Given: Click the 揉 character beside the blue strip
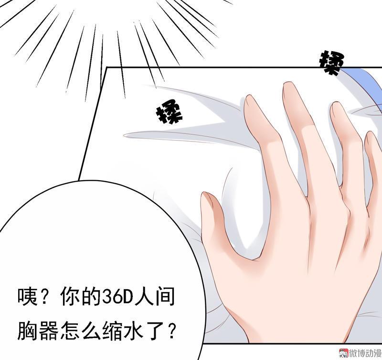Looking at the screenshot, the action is [x=331, y=63].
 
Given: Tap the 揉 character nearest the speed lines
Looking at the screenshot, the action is [x=169, y=115].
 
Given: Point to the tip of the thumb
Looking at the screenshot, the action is [x=205, y=195].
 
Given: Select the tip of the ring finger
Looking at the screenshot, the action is [x=336, y=104].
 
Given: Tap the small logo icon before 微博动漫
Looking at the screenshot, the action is [x=343, y=353].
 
